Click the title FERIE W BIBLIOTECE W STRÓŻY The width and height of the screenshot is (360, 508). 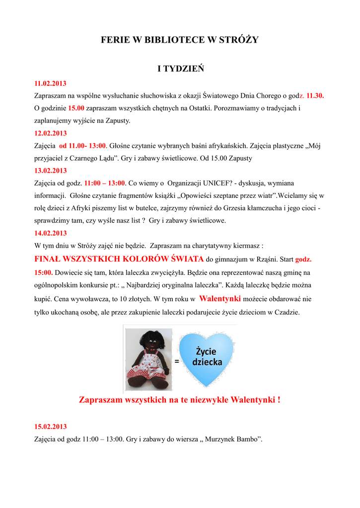click(180, 40)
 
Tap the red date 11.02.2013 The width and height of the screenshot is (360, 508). click(50, 83)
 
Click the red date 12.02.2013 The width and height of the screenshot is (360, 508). click(50, 133)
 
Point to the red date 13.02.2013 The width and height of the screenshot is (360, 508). click(50, 171)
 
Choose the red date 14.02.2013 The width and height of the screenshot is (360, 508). click(50, 233)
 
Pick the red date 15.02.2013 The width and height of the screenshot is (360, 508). click(50, 427)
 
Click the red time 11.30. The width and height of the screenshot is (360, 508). click(315, 96)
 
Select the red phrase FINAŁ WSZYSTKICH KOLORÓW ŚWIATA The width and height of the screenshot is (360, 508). click(119, 259)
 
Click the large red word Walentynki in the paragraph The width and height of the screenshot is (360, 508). click(220, 299)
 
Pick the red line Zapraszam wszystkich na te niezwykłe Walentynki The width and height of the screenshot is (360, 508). click(179, 399)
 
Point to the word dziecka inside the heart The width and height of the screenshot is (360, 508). click(207, 363)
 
